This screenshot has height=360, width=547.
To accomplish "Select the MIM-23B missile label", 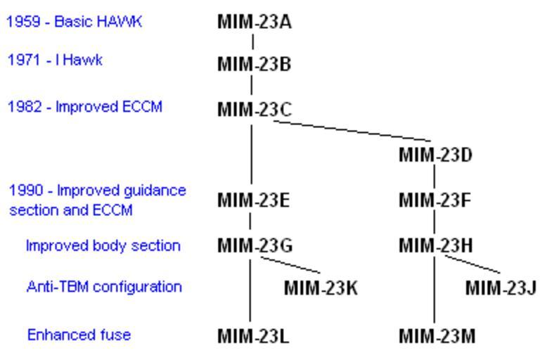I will (252, 67).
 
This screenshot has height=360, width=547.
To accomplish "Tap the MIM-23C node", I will (252, 110).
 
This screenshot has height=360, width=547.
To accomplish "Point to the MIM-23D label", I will (435, 153).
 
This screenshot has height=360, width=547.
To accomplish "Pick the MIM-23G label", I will (252, 245).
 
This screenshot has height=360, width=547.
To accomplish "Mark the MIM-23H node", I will (435, 245).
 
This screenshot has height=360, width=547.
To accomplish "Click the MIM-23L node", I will (252, 335).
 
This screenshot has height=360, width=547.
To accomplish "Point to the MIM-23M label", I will (435, 335).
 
